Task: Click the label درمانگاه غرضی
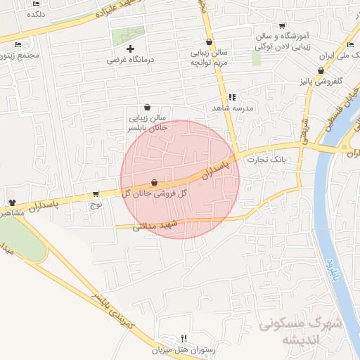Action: [x=131, y=60]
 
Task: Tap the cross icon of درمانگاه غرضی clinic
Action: [x=130, y=49]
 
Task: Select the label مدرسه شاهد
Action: [x=233, y=108]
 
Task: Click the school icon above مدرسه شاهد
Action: [x=231, y=97]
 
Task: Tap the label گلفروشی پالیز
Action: [x=323, y=82]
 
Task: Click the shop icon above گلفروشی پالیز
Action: [x=321, y=70]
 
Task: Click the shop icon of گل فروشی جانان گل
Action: [x=154, y=183]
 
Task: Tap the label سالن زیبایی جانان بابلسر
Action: [x=147, y=123]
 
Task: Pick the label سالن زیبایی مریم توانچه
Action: [x=209, y=57]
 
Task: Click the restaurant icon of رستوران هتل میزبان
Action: [x=184, y=338]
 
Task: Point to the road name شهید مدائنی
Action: [x=155, y=226]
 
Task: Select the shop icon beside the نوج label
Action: [x=96, y=194]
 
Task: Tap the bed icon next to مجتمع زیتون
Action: [x=18, y=45]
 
